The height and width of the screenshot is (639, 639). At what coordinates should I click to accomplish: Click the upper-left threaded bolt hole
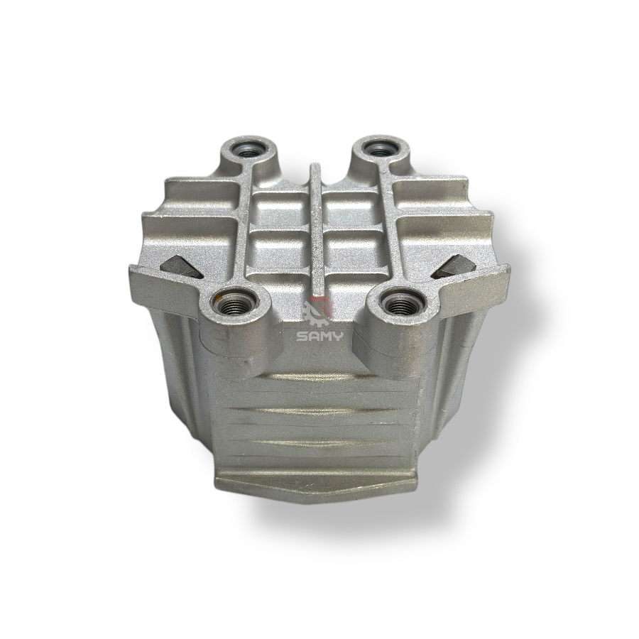(248, 151)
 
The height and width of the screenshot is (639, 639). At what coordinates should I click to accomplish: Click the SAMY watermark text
(320, 337)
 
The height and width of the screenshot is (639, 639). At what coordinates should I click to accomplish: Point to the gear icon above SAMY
(319, 312)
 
